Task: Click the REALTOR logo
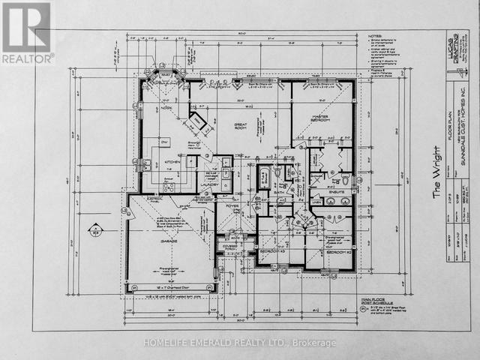click(27, 32)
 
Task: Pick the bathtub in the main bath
click(265, 178)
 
